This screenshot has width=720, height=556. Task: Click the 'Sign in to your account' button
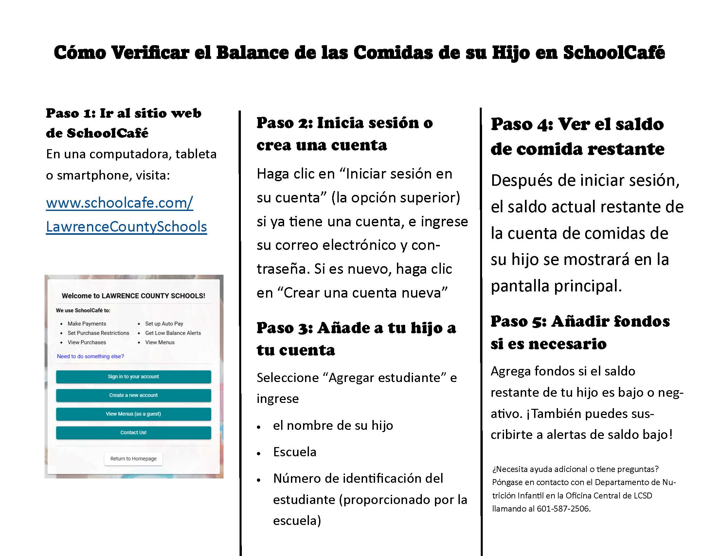(133, 376)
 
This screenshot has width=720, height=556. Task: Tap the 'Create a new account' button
(133, 395)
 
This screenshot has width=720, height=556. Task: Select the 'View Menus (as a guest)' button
(133, 414)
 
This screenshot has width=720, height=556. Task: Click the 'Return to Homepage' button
(133, 459)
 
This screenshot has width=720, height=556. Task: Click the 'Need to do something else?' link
(90, 356)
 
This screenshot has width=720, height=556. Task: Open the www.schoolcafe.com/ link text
(119, 202)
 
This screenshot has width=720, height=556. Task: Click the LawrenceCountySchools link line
(126, 227)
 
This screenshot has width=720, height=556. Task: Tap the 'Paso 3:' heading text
(284, 328)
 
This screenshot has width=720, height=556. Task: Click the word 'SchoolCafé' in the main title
(614, 53)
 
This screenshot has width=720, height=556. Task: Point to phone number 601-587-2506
(563, 509)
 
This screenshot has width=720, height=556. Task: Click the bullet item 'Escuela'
(295, 452)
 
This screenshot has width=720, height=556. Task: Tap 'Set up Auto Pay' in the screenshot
(164, 323)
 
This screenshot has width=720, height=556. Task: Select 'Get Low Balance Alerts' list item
(173, 333)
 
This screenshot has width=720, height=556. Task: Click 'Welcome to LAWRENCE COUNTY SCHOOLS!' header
(133, 296)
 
